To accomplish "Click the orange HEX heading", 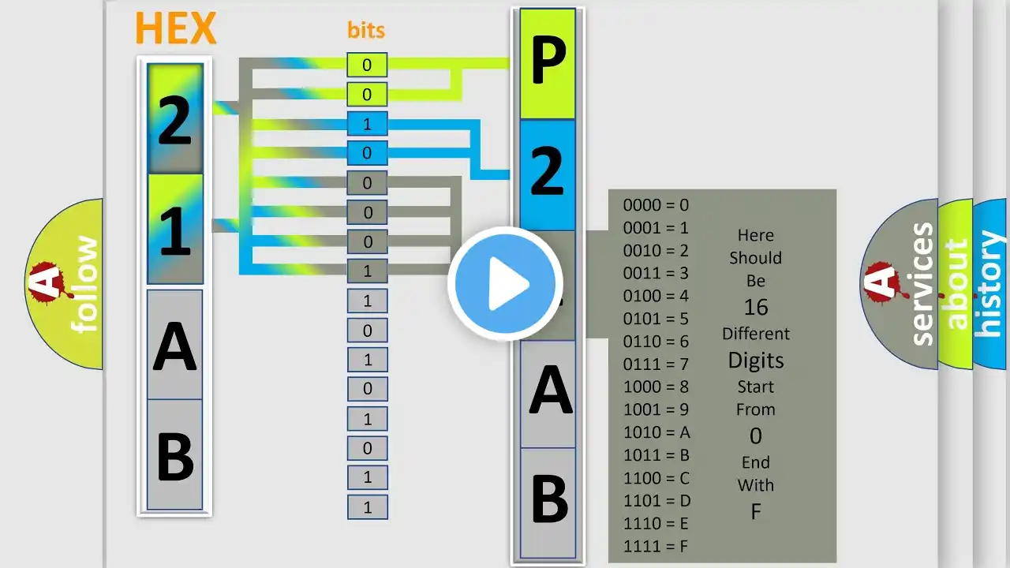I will (175, 29).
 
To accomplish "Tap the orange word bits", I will (366, 31).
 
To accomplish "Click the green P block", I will (548, 64).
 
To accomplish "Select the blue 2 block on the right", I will (548, 173).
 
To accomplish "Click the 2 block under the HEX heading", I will (174, 120).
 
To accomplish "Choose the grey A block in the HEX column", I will (174, 346).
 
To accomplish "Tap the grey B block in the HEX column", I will (174, 455).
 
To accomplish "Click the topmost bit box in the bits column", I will (367, 65).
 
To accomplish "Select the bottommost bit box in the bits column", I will (367, 507).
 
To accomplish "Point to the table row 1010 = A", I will (656, 432).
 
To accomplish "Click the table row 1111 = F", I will (656, 546).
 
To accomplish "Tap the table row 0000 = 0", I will (656, 205).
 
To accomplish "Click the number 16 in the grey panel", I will (755, 307).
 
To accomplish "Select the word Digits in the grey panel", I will (755, 361).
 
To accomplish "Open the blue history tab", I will (990, 284).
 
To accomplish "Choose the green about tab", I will (956, 284).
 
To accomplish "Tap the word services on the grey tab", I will (922, 284).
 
